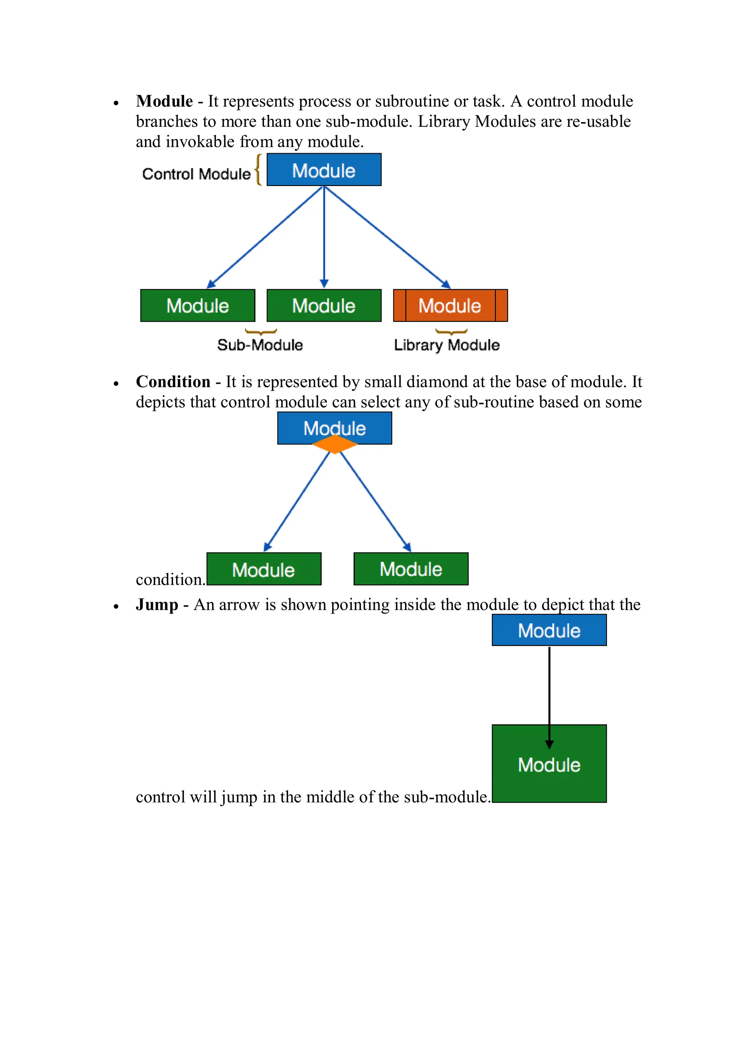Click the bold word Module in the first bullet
tap(164, 101)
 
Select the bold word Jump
tap(157, 605)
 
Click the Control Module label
tap(196, 174)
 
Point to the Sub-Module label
tap(260, 345)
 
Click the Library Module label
tap(447, 345)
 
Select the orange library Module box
tap(450, 305)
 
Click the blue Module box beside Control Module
tap(324, 170)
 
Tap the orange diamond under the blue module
tap(335, 444)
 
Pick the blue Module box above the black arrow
tap(549, 630)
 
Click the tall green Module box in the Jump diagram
tap(549, 764)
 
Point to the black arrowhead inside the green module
tap(549, 744)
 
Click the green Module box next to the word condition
tap(264, 569)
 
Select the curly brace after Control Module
tap(259, 170)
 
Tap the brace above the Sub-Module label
tap(261, 332)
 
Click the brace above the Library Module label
tap(451, 332)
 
